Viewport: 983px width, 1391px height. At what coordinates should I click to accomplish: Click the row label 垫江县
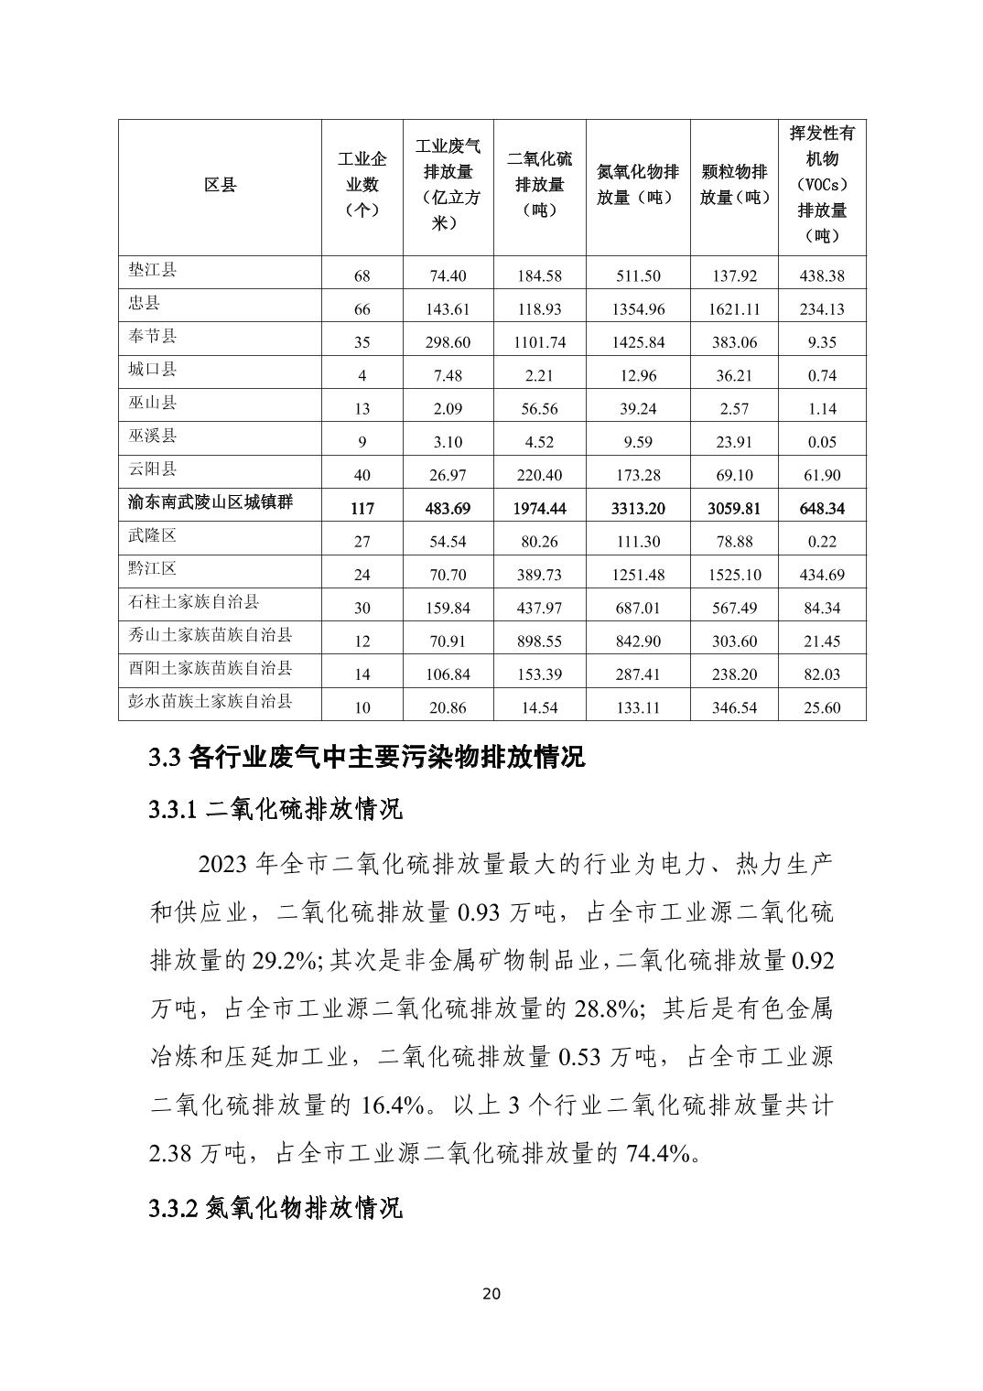(152, 270)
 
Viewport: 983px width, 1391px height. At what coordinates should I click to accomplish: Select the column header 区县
(220, 186)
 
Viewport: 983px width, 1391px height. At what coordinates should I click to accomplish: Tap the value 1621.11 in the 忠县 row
(734, 309)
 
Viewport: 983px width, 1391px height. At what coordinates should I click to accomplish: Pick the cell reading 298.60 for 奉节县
(448, 342)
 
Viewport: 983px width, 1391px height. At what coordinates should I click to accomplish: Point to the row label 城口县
(152, 370)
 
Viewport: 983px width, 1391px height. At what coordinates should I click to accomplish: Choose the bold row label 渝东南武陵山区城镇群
(211, 502)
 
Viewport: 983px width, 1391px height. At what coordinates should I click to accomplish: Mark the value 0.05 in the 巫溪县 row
(822, 442)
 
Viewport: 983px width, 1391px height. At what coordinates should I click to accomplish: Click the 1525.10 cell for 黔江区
(734, 575)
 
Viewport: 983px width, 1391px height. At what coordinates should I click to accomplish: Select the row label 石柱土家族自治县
(194, 602)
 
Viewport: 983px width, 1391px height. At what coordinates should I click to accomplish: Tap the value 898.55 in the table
(539, 642)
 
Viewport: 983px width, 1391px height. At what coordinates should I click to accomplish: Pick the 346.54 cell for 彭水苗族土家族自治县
(734, 707)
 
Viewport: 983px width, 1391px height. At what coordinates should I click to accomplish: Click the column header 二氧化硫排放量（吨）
(539, 184)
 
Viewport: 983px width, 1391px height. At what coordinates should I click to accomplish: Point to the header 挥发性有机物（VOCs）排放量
(822, 184)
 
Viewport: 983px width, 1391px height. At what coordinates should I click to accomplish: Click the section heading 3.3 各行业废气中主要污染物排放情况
(366, 758)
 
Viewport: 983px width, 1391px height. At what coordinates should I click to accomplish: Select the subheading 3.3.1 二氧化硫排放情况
(275, 810)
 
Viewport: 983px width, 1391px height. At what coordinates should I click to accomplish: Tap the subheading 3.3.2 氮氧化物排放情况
(275, 1208)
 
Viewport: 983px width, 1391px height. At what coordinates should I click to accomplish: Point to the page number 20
(491, 1294)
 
